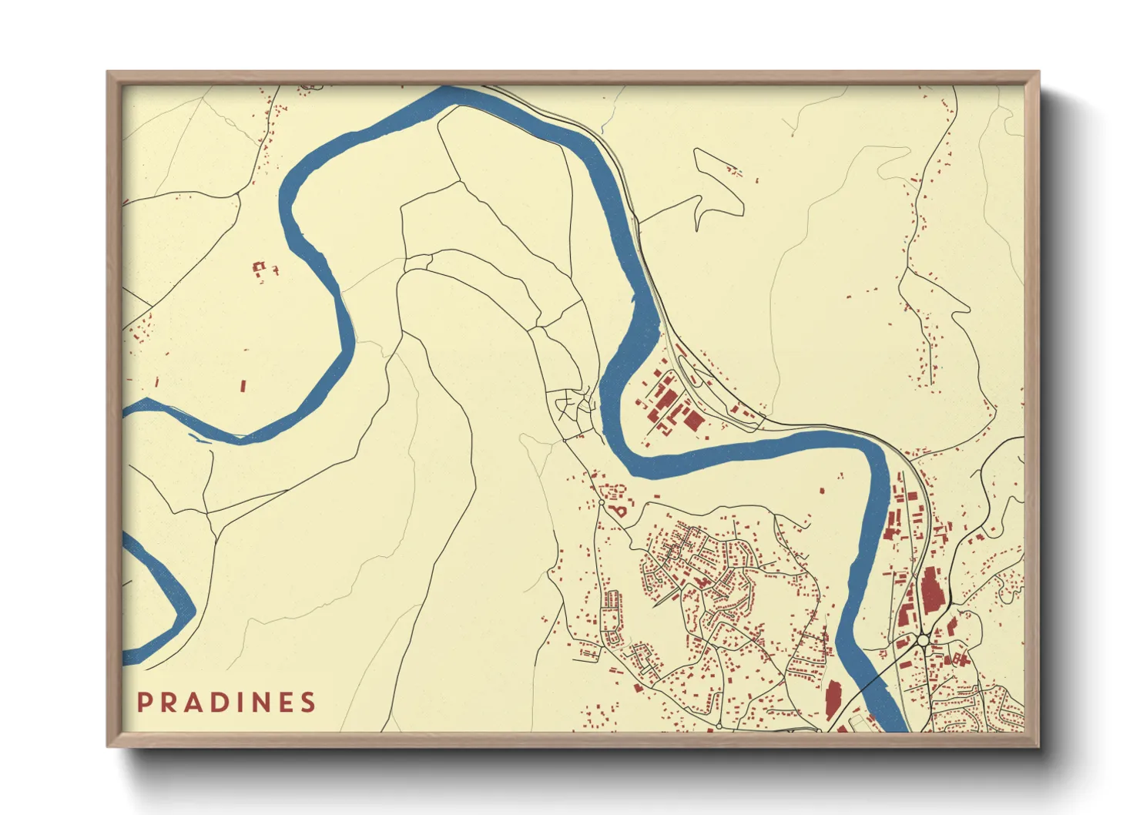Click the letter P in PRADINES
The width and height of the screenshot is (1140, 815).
click(143, 703)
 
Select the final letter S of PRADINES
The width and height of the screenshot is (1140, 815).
click(308, 703)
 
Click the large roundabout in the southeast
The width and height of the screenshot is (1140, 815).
click(922, 640)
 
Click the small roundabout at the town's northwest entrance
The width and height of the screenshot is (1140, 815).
click(601, 502)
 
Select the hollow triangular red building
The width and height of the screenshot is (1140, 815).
click(619, 509)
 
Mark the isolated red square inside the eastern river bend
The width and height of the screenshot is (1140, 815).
click(821, 490)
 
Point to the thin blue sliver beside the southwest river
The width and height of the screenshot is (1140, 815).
click(197, 439)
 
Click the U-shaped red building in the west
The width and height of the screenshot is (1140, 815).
click(260, 267)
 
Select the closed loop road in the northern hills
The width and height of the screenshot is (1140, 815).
click(718, 185)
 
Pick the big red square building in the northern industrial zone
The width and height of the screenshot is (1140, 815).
click(694, 420)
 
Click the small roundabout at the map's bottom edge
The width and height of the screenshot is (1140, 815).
click(719, 726)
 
